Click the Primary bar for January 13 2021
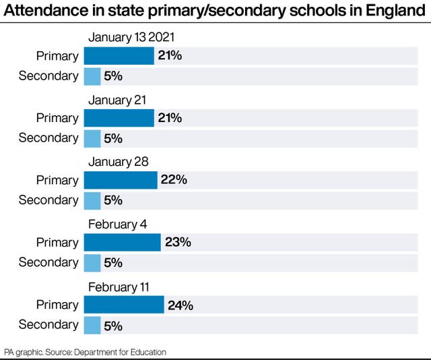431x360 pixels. pyautogui.click(x=119, y=56)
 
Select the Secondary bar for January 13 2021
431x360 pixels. pyautogui.click(x=92, y=76)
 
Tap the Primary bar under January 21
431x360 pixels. pyautogui.click(x=119, y=118)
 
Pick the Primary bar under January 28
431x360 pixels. pyautogui.click(x=121, y=180)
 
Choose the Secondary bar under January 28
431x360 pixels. pyautogui.click(x=92, y=200)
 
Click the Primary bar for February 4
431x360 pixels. pyautogui.click(x=122, y=243)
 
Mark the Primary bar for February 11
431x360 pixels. pyautogui.click(x=124, y=305)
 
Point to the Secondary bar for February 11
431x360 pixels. pyautogui.click(x=92, y=325)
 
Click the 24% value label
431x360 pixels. pyautogui.click(x=180, y=305)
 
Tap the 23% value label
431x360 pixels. pyautogui.click(x=177, y=243)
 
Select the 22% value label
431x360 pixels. pyautogui.click(x=174, y=180)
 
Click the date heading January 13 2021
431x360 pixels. pyautogui.click(x=131, y=38)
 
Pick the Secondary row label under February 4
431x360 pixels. pyautogui.click(x=48, y=263)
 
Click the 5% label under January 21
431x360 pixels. pyautogui.click(x=113, y=138)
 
